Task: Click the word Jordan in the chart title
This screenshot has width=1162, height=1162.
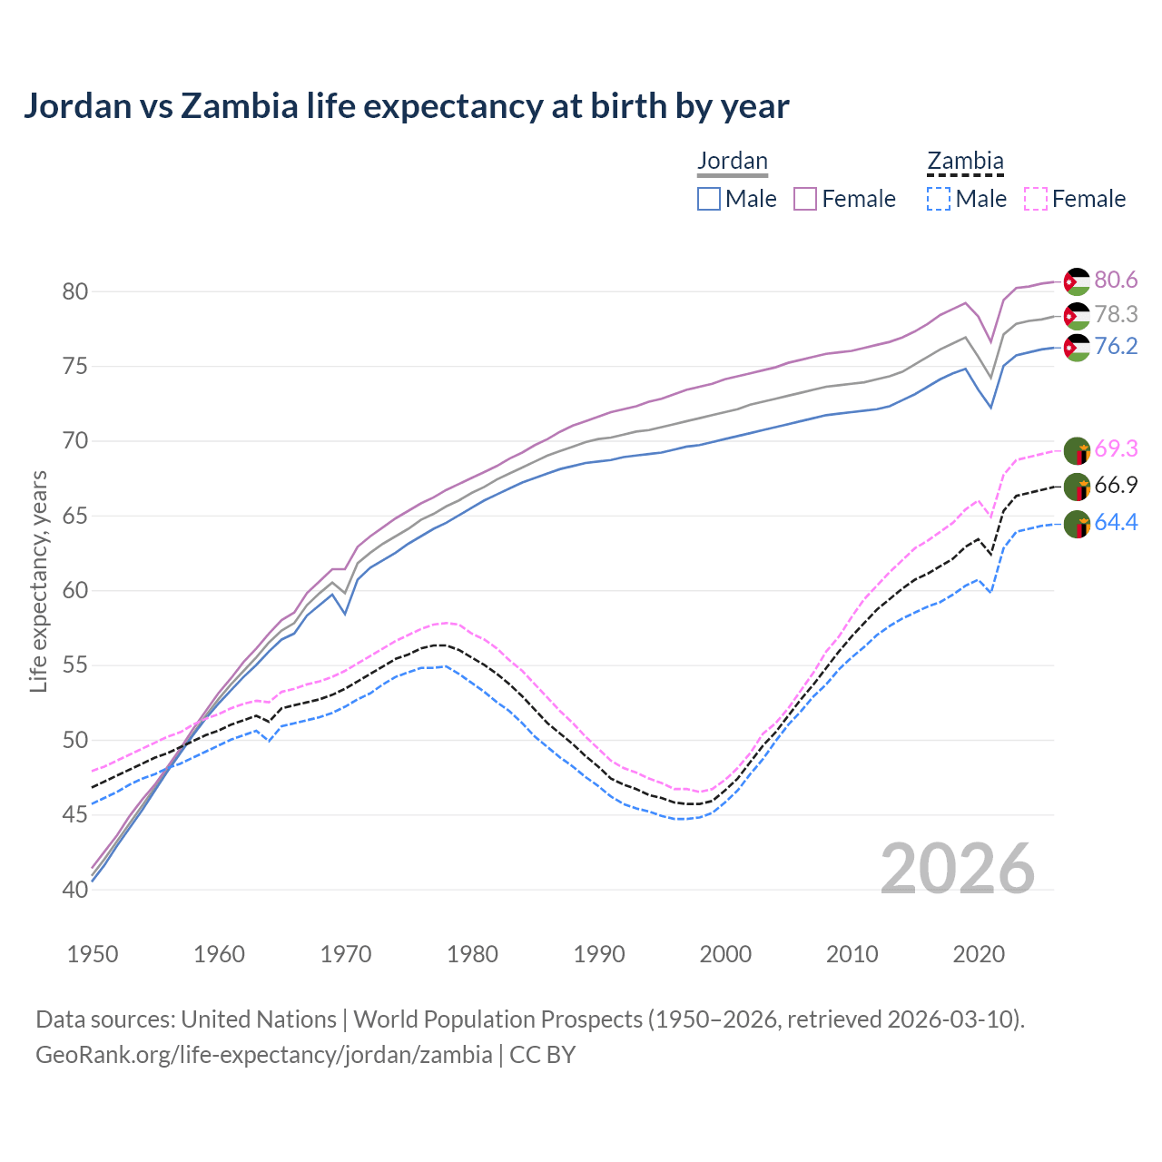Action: coord(77,106)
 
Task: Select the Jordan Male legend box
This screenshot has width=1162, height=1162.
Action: coord(709,199)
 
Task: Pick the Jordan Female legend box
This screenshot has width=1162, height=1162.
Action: coord(805,199)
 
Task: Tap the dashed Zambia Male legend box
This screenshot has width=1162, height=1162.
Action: coord(939,199)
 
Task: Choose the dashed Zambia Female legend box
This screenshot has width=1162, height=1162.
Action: coord(1036,199)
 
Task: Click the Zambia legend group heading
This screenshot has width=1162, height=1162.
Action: coord(965,161)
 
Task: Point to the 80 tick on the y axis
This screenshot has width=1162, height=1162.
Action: coord(74,291)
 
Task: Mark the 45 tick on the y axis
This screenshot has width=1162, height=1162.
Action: coord(74,814)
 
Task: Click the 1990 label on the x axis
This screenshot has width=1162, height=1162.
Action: coord(599,954)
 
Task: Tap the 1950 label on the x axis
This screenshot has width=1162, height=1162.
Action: coord(93,954)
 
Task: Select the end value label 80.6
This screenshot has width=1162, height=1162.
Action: coord(1116,281)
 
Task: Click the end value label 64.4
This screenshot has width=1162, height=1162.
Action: coord(1116,523)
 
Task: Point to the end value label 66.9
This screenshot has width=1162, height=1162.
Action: coord(1116,486)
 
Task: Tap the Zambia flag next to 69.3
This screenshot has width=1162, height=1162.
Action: coord(1077,450)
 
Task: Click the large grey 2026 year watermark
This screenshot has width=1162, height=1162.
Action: coord(958,869)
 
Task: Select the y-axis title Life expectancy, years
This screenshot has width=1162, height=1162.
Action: coord(38,581)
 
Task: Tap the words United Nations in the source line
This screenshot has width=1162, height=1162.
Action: coord(259,1019)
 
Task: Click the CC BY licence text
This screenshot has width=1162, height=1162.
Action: coord(542,1055)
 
